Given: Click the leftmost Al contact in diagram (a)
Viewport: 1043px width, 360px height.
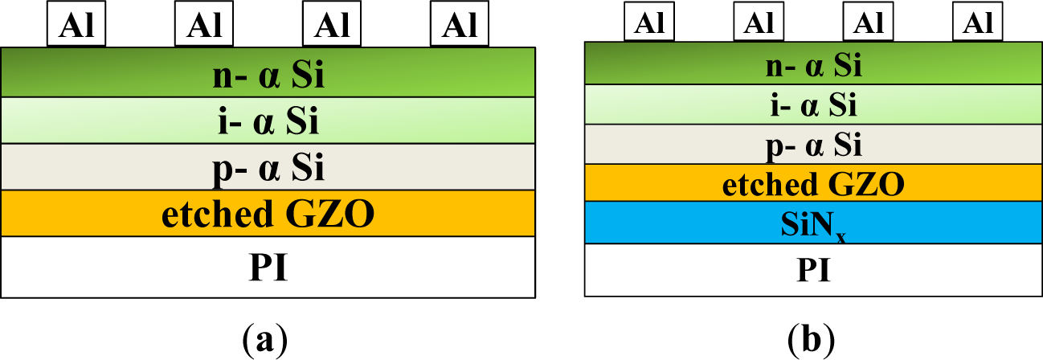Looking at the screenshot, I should point(76,25).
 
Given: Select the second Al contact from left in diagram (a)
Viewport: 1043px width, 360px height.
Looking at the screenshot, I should point(204,25).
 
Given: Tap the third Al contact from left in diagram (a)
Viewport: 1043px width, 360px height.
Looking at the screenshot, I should point(332,25).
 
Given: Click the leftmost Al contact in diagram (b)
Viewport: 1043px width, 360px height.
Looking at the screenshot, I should point(648,22).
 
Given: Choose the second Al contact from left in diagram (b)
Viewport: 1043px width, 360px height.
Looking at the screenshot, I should point(758,22).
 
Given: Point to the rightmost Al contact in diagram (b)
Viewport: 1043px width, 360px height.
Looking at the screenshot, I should point(977,22).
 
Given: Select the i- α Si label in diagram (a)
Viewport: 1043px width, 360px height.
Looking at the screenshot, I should point(268,122).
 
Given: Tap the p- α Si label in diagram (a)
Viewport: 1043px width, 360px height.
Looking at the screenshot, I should point(268,169).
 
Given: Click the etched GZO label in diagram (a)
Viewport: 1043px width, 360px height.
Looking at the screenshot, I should point(268,215).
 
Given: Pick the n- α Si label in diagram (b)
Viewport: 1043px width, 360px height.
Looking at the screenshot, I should point(812,64).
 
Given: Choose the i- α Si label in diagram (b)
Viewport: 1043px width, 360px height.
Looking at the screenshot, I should point(812,104).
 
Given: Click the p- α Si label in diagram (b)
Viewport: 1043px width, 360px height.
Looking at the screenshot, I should point(812,145).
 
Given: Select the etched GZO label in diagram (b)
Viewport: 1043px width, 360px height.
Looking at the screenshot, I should point(812,184).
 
